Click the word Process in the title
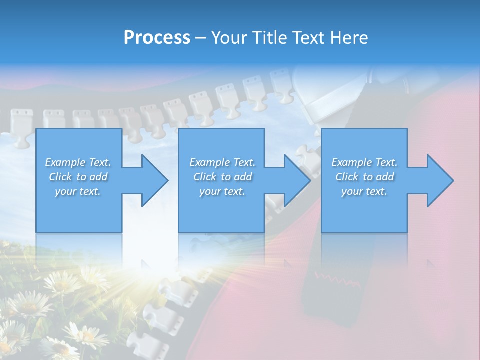[x=157, y=38]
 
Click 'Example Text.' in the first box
[x=78, y=162]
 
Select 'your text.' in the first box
[x=78, y=191]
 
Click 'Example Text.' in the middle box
[x=222, y=162]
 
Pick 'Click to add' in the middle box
[x=222, y=177]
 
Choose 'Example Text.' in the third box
[x=364, y=162]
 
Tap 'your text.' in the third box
[x=364, y=191]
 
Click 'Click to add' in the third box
[x=364, y=177]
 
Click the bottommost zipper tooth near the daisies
[x=140, y=345]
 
